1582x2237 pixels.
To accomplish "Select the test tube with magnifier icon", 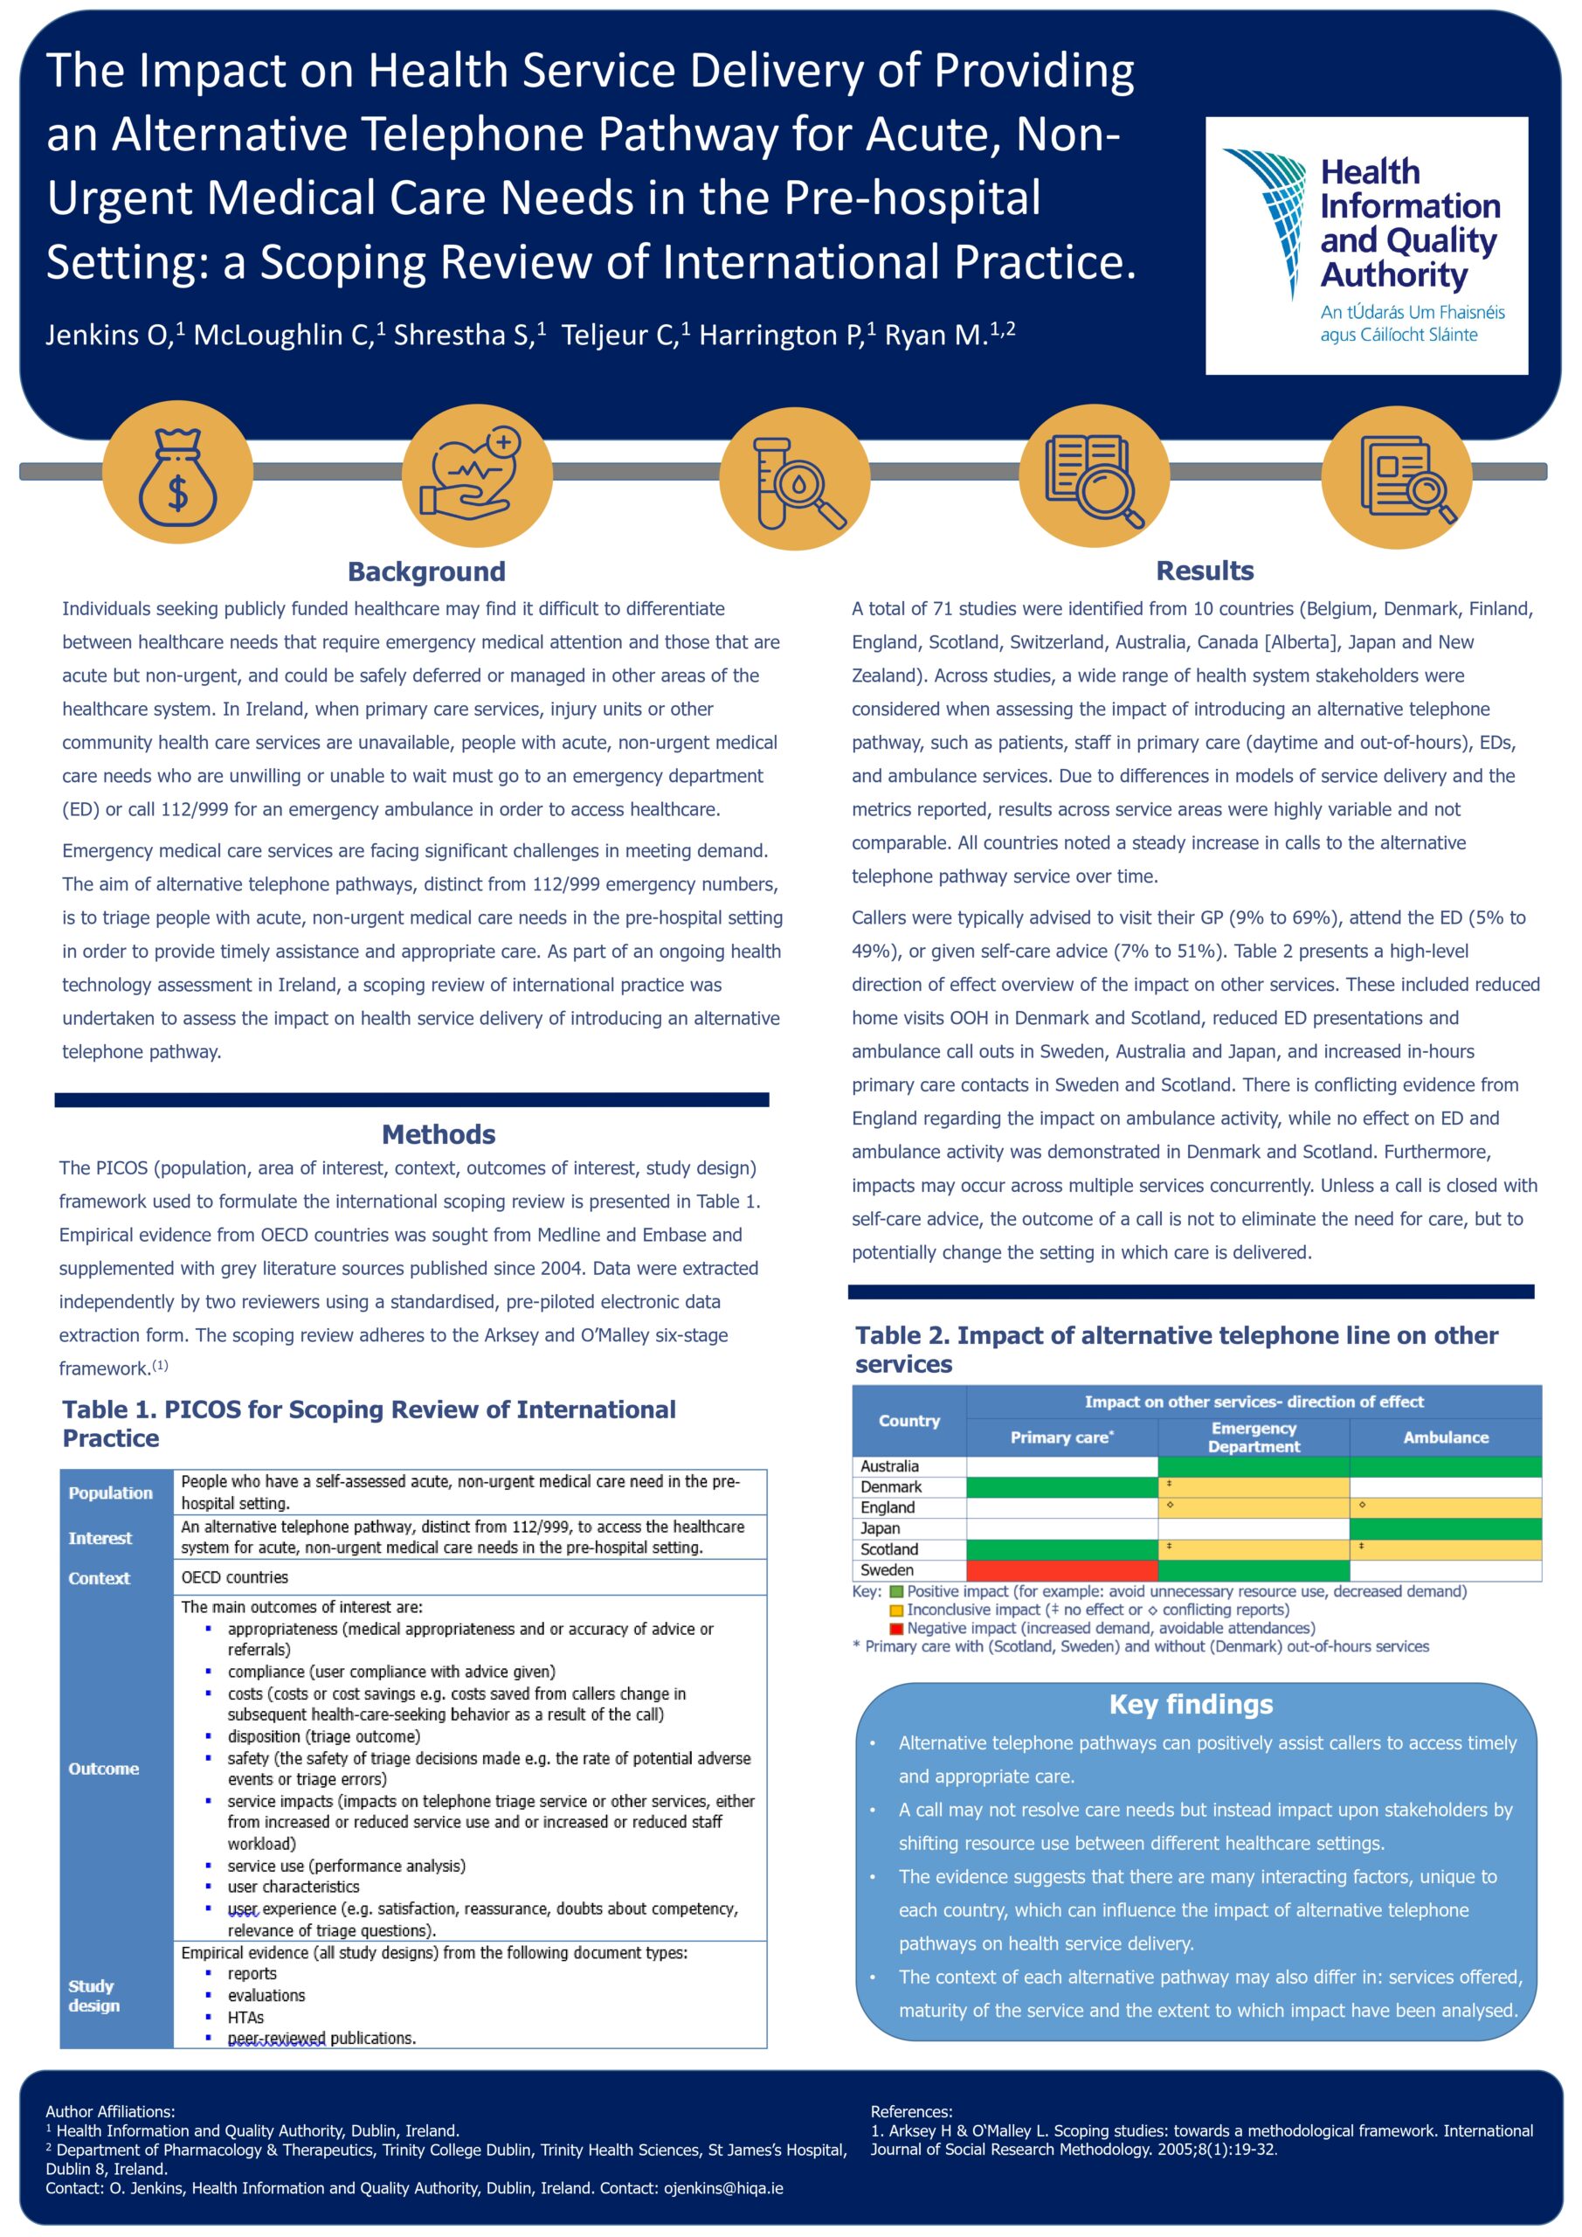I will click(x=794, y=477).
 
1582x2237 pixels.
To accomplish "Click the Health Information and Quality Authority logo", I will click(x=1365, y=246).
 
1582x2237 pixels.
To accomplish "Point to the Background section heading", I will click(x=426, y=571).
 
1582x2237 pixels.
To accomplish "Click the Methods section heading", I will click(x=439, y=1134).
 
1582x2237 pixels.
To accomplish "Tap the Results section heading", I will click(x=1204, y=570).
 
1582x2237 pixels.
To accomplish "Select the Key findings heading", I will click(x=1191, y=1704).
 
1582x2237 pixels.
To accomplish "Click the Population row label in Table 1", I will click(x=110, y=1492).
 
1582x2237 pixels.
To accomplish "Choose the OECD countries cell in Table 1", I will click(x=235, y=1577).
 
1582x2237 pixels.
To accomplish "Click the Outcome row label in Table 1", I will click(x=103, y=1769).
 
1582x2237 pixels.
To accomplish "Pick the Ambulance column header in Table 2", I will click(x=1446, y=1437).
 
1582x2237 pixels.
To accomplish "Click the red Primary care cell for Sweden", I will click(x=1062, y=1570).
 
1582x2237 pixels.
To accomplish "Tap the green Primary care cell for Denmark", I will click(x=1062, y=1486).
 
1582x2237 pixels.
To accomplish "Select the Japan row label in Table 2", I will click(x=880, y=1528).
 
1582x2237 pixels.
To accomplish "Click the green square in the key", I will click(x=896, y=1592).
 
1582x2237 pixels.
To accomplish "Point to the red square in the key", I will click(x=896, y=1628).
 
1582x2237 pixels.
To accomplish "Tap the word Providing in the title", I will click(x=1033, y=70).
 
